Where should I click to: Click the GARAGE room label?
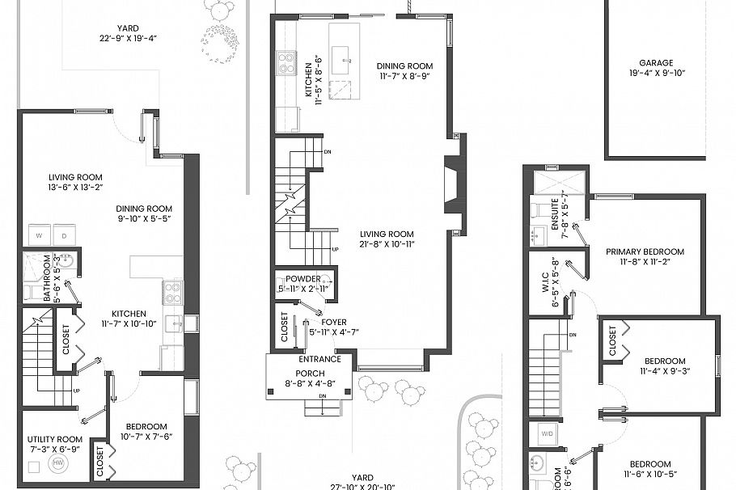[x=656, y=62]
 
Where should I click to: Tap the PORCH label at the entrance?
[x=310, y=373]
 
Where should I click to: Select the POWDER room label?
[x=303, y=278]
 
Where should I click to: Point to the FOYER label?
[x=333, y=322]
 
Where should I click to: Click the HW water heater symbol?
[x=57, y=463]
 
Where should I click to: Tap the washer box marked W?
[x=38, y=236]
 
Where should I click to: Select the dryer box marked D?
[x=63, y=236]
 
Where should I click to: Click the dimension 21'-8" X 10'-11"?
[x=387, y=244]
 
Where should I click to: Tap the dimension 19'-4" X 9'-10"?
[x=656, y=73]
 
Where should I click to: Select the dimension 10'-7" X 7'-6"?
[x=146, y=437]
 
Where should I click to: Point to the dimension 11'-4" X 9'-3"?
[x=664, y=372]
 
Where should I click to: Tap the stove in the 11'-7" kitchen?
[x=172, y=292]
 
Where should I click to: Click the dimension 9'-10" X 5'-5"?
[x=143, y=218]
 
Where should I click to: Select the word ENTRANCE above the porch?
[x=319, y=359]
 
